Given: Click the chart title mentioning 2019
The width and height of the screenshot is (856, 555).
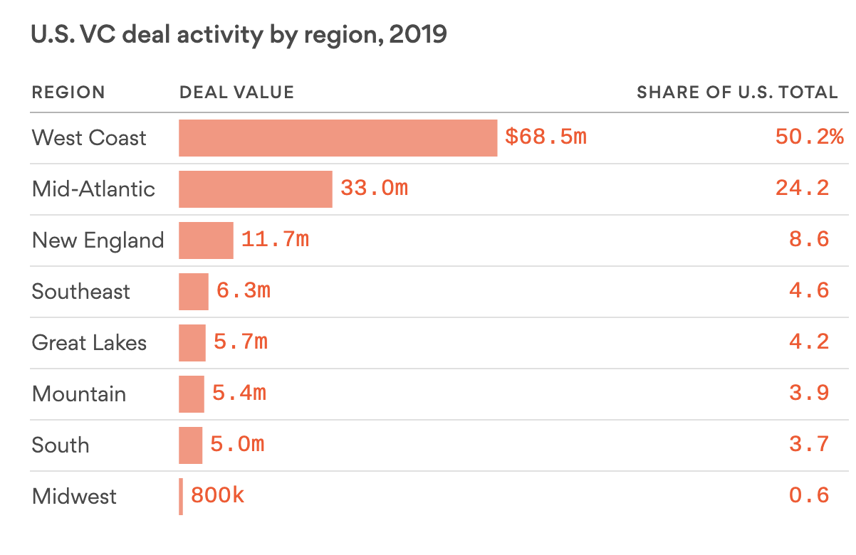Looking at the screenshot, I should coord(239,35).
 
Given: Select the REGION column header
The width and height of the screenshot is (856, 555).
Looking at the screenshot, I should coord(68,92).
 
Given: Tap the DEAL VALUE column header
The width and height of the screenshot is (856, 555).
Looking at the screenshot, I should coord(236,92).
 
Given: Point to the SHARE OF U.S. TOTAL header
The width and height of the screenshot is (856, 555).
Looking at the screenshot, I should coord(737,92).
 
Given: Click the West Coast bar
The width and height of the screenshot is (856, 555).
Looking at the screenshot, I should coord(338,138).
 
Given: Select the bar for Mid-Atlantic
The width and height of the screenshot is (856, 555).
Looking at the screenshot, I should coord(255,189).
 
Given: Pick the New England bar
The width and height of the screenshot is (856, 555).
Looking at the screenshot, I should coord(206,240).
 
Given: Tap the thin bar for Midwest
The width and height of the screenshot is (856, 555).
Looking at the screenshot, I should coord(181,497).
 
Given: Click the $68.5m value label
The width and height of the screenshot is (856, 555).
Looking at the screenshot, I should coord(546,137).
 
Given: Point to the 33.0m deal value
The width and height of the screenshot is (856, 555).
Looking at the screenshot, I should coord(374,189).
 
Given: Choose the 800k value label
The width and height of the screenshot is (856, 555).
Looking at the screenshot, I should coord(217,496).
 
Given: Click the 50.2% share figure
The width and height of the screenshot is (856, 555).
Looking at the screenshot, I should coord(809,137).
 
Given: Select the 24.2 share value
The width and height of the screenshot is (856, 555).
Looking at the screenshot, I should coord(809,189).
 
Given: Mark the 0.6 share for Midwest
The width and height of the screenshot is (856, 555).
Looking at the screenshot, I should coord(809,496).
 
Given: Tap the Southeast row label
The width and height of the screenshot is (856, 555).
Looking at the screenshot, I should coord(81,292).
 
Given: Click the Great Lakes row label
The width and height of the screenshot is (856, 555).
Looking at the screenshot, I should coord(89,343).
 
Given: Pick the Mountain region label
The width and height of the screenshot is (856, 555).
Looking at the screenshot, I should coord(79,394).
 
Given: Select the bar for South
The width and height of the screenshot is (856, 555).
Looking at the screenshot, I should coord(190,445).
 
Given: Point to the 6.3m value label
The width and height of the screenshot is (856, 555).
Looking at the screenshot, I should coord(243,291).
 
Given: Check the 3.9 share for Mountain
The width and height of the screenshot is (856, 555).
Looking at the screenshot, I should coord(809,393).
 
